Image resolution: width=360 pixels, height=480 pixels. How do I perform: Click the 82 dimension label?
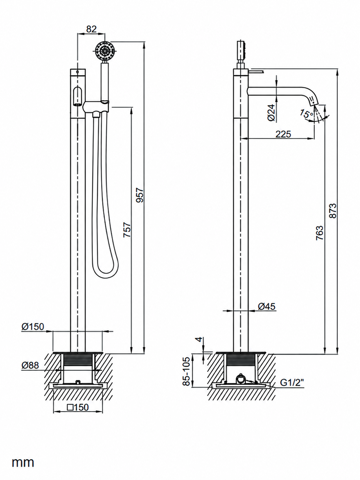91,29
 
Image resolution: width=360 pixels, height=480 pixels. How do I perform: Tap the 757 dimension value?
127,230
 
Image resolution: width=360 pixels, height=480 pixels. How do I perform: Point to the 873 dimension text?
333,210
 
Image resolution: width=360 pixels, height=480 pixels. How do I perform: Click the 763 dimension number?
319,233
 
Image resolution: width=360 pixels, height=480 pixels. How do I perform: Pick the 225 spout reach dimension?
283,134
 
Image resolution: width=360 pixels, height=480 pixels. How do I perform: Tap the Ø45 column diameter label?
267,307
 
